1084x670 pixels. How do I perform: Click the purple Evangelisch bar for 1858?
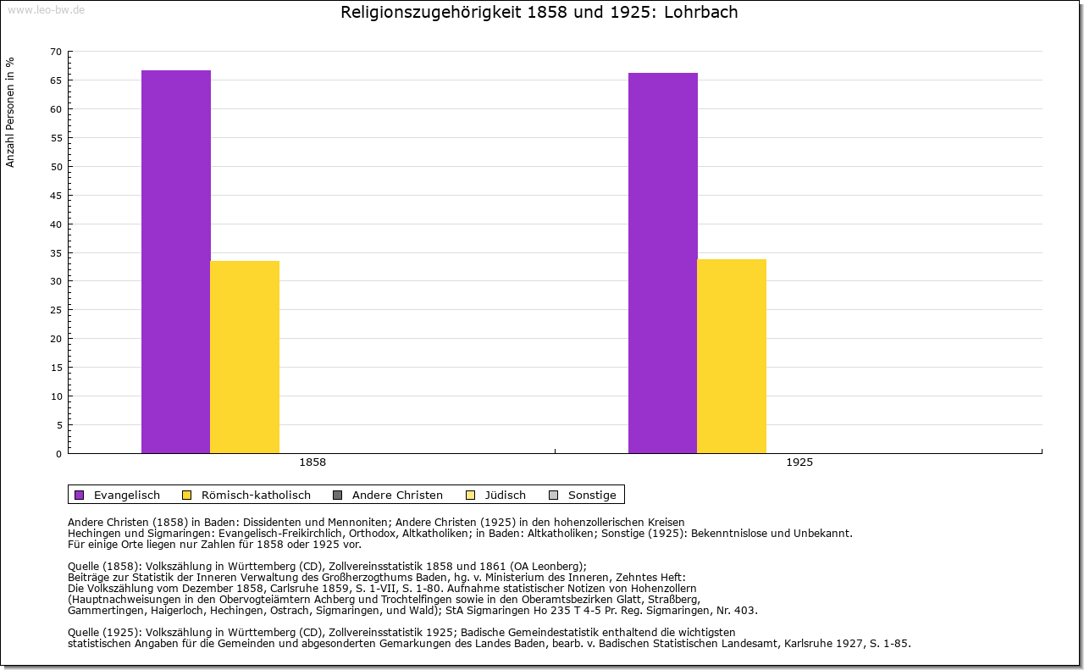point(175,262)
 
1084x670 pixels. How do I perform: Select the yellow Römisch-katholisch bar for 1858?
point(245,357)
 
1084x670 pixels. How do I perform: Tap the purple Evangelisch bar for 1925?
point(662,263)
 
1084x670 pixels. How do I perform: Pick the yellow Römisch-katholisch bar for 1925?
point(732,356)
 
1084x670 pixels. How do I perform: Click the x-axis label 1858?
point(312,463)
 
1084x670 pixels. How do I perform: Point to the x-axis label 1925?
point(799,463)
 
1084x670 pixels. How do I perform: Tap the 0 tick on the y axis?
point(59,454)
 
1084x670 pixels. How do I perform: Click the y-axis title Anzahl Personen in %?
point(10,112)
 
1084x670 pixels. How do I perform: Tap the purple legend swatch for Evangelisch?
point(80,495)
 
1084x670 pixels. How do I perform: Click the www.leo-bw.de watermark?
point(46,9)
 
